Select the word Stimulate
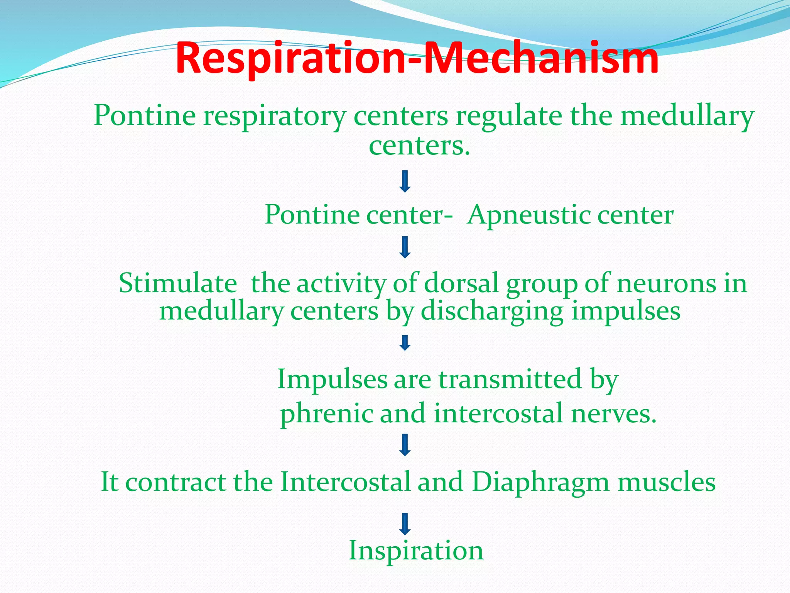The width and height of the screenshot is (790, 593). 178,283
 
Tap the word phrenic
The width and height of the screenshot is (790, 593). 327,414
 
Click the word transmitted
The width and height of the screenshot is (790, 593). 510,379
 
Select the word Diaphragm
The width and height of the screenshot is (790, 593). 540,483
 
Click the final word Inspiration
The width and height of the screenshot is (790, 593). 416,551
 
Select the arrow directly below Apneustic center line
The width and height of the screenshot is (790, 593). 405,247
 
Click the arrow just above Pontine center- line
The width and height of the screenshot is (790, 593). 405,181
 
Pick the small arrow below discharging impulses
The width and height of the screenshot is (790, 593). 405,342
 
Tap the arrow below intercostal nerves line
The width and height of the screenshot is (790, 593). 405,445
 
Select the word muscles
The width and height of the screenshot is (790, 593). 667,483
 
